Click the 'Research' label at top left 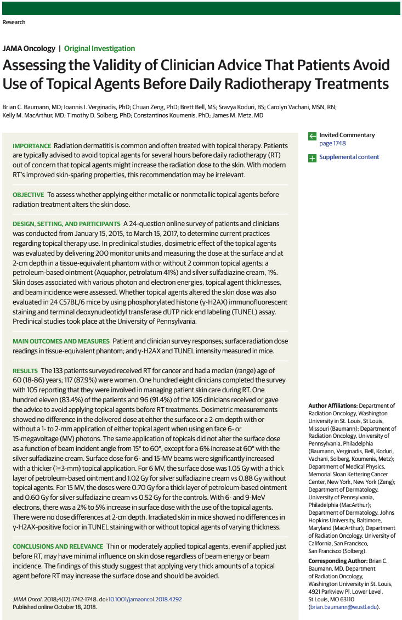(14, 22)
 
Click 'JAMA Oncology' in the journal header (29, 48)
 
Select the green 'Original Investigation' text (99, 48)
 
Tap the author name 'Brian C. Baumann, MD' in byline (32, 107)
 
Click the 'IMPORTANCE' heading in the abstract (31, 146)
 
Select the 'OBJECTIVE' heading (28, 195)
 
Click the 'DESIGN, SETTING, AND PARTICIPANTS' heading (66, 224)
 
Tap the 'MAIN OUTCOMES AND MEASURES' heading (60, 341)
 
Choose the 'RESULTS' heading (25, 371)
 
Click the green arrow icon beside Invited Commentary (312, 136)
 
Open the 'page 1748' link (332, 144)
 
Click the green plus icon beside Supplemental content (312, 157)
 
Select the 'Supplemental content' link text (349, 157)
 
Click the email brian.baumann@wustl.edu (343, 607)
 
